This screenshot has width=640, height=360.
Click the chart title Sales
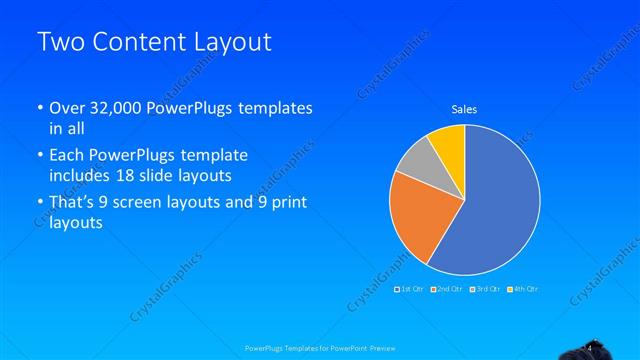point(464,109)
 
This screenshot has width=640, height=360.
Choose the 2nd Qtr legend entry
point(447,289)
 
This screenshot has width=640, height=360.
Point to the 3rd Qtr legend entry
point(485,289)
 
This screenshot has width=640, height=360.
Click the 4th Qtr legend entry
point(523,289)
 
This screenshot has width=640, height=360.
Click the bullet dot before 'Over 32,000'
point(39,108)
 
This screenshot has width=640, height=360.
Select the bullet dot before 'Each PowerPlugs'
point(39,156)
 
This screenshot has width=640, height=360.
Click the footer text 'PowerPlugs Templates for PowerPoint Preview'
point(320,349)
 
